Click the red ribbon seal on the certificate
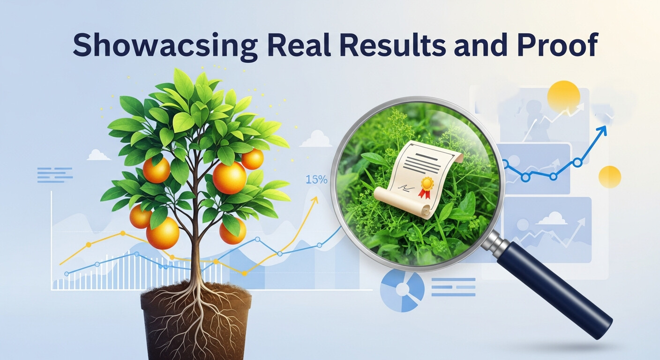[426, 186]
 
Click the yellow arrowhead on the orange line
[315, 200]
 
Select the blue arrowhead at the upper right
[602, 130]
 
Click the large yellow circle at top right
[563, 97]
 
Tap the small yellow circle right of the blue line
[610, 177]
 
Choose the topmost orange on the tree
[252, 159]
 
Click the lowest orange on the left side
[163, 233]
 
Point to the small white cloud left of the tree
[98, 155]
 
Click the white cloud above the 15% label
[316, 139]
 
